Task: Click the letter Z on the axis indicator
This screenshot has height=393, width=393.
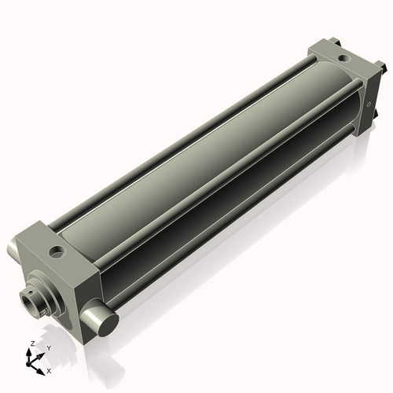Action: coord(33,343)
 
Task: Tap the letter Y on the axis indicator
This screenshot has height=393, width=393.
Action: coord(49,348)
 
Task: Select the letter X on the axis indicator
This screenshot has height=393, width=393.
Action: coord(49,371)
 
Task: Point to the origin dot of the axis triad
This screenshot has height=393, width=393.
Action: coord(28,364)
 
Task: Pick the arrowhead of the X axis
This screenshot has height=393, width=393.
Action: coord(41,372)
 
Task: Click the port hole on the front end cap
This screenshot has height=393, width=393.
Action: coord(57,252)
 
